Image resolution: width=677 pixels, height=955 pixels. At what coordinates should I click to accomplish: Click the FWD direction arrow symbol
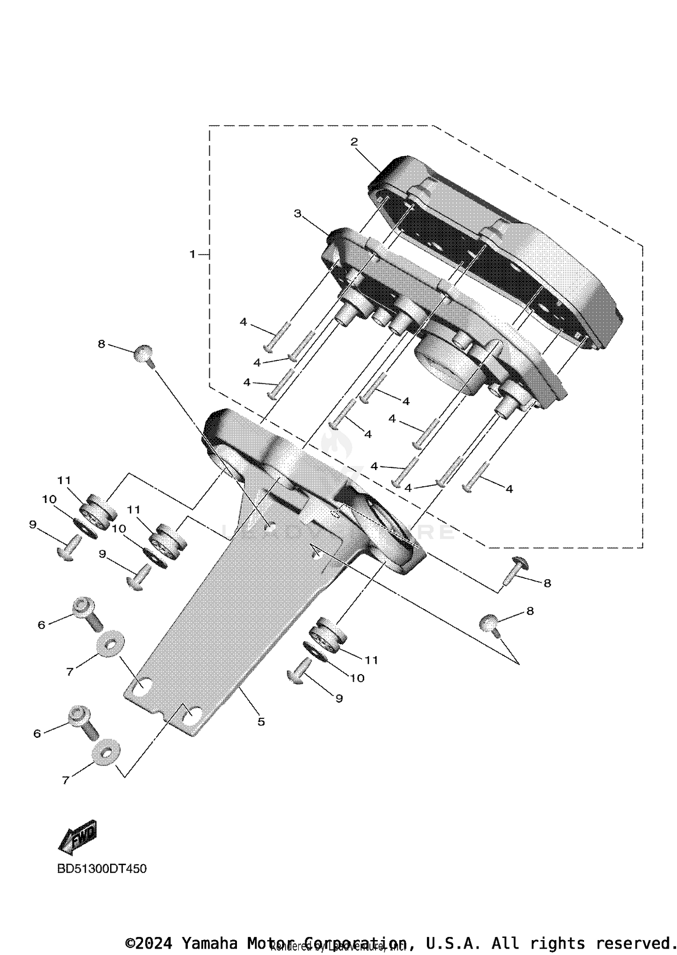[x=78, y=838]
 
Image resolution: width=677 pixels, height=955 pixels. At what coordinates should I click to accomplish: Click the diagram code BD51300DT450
[x=102, y=869]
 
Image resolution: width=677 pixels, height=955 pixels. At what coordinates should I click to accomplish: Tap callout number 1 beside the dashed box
[x=193, y=255]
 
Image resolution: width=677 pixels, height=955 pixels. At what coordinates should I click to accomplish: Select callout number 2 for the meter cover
[x=354, y=142]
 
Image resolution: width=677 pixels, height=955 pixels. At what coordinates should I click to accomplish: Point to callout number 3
[x=298, y=213]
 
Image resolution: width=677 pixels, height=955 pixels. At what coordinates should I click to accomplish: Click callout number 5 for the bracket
[x=261, y=722]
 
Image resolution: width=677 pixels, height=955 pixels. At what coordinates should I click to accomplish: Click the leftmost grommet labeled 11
[x=98, y=512]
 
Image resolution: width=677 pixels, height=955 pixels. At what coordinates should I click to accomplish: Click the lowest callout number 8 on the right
[x=530, y=611]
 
